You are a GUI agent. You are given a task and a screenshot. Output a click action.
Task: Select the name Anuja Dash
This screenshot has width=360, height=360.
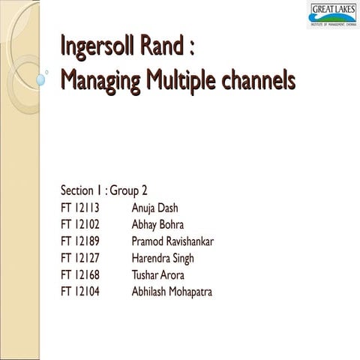pos(154,207)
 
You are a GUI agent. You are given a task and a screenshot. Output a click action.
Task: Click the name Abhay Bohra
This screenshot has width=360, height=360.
pos(158,224)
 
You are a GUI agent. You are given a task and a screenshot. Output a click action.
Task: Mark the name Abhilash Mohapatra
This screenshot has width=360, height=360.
pos(171,292)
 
